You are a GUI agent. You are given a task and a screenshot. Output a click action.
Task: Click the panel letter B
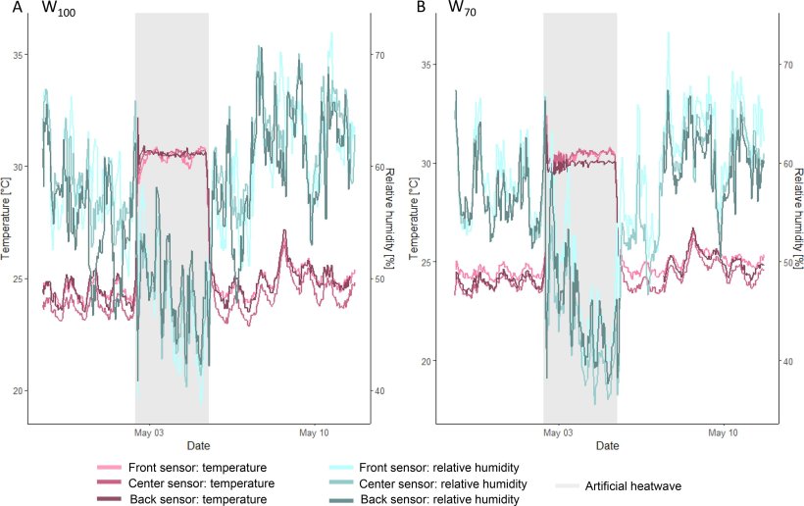(422, 8)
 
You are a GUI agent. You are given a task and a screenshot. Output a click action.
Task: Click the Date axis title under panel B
(607, 446)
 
